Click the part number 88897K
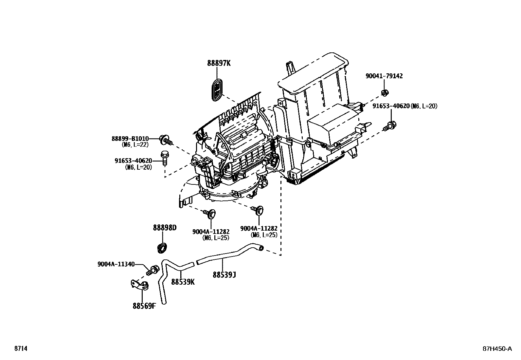219,63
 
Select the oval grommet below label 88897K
217,89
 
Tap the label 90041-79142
384,76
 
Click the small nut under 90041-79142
385,93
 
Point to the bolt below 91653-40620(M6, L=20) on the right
390,125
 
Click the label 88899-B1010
130,139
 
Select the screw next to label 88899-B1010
165,140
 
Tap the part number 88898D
165,228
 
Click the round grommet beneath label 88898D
162,248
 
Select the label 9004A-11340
116,264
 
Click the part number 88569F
144,306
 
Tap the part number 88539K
183,282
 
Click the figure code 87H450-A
497,349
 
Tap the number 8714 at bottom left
21,349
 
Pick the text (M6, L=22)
135,144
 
